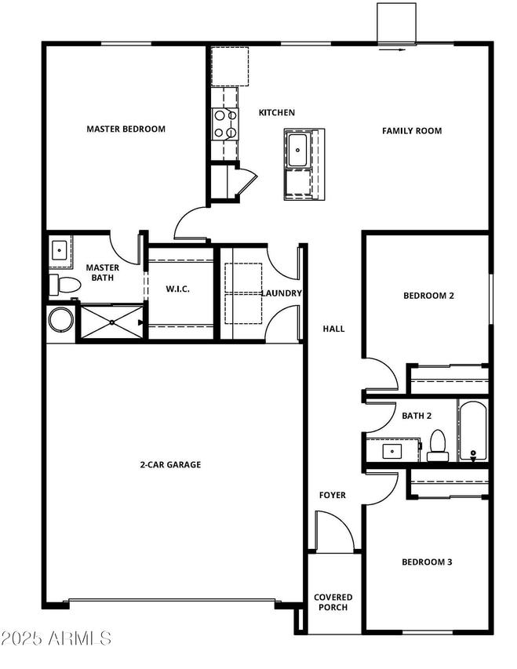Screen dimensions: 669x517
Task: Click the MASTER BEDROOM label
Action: click(x=126, y=129)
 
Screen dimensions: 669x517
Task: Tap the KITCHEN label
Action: click(x=277, y=113)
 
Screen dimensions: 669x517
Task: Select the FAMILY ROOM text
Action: click(x=412, y=131)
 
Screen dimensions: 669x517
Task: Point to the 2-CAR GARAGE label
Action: click(x=170, y=465)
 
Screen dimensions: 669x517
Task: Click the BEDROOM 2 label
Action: click(x=428, y=296)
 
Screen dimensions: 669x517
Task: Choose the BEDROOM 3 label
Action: click(x=427, y=562)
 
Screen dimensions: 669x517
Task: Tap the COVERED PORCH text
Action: click(x=333, y=602)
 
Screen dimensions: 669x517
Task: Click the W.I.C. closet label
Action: click(x=178, y=289)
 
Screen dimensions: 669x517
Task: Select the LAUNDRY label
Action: click(x=282, y=293)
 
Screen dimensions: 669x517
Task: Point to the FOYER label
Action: click(x=332, y=496)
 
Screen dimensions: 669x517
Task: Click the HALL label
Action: click(x=333, y=329)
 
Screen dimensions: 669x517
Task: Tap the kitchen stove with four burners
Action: click(x=225, y=124)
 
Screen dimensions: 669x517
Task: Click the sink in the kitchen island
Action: click(x=298, y=151)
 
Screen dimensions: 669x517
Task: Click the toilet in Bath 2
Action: click(x=437, y=445)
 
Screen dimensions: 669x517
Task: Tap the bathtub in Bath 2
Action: click(x=473, y=431)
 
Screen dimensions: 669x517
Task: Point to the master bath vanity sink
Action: click(x=60, y=250)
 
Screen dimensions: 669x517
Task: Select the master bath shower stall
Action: click(x=111, y=322)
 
